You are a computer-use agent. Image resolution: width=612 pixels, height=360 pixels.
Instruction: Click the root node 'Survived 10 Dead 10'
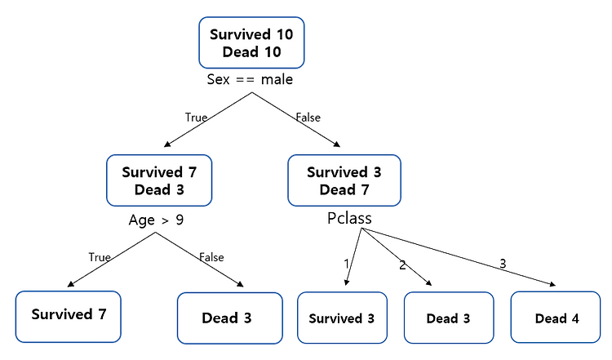251,43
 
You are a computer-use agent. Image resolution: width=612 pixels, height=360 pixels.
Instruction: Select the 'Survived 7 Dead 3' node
159,180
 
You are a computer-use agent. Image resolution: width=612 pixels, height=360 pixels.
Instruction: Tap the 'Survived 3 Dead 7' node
344,180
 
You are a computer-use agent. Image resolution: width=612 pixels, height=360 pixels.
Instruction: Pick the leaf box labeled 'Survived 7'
68,315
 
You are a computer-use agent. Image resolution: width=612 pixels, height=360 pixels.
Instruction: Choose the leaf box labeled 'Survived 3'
342,318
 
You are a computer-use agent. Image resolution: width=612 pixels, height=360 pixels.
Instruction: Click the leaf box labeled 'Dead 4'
557,318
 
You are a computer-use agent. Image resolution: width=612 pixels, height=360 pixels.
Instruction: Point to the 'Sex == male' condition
250,80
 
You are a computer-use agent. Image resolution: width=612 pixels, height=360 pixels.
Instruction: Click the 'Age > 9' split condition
157,220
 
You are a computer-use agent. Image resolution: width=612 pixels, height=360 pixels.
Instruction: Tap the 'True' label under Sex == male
196,118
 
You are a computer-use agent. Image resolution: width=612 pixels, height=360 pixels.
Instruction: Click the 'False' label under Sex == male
308,118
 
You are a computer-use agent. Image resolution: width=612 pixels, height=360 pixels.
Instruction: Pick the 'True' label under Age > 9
100,257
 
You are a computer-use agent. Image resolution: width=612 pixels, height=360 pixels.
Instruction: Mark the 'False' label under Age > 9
211,257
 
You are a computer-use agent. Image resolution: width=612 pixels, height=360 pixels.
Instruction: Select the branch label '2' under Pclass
401,264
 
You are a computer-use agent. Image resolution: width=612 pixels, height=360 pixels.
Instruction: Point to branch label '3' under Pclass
502,263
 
